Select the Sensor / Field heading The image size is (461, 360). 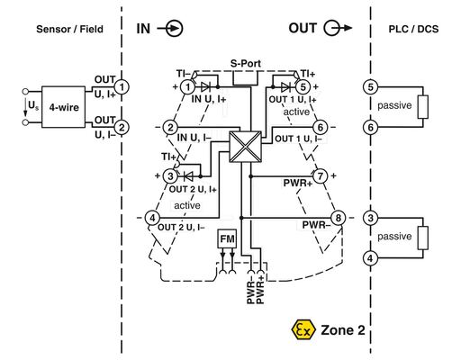click(x=70, y=29)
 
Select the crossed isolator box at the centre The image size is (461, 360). click(x=243, y=146)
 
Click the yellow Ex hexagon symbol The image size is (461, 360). click(x=301, y=330)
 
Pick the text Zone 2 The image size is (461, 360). click(x=340, y=330)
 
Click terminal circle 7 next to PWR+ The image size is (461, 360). click(x=319, y=175)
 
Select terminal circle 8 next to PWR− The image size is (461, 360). click(x=338, y=218)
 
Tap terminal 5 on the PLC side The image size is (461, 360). click(x=370, y=86)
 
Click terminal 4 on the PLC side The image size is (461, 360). click(x=370, y=258)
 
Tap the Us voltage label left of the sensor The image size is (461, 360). click(x=34, y=107)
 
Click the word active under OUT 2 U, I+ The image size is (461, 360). click(x=186, y=205)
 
